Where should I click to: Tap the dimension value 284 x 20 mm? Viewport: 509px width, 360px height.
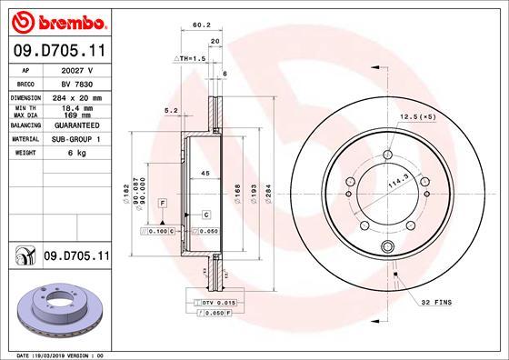point(76,96)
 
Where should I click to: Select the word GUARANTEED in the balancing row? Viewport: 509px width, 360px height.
point(76,125)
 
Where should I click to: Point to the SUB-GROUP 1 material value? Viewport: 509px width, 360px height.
point(76,139)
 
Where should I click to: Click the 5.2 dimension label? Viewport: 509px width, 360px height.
point(170,111)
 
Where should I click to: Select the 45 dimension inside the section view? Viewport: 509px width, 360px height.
point(205,174)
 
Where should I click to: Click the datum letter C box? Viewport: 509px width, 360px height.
point(206,214)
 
